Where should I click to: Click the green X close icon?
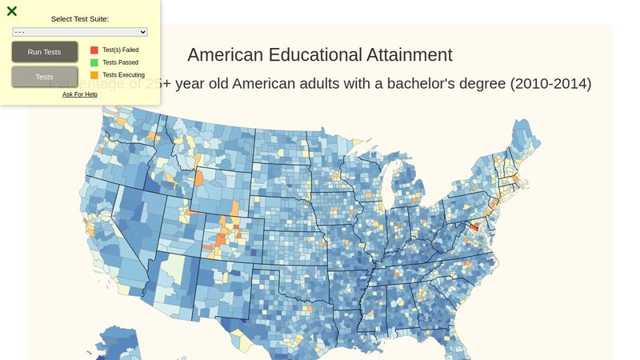12,11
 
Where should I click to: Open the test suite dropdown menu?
80,32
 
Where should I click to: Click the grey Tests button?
45,77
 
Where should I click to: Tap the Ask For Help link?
80,94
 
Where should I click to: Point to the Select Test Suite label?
80,18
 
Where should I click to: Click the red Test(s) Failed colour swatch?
94,50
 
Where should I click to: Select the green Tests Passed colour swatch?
94,62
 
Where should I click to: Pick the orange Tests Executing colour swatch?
94,75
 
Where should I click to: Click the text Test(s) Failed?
121,50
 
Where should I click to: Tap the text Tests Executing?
124,75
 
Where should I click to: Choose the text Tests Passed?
121,62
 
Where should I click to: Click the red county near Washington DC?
474,229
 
